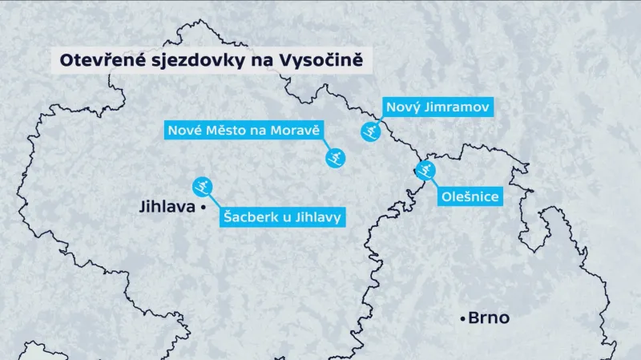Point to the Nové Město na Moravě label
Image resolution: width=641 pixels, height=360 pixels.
pyautogui.click(x=244, y=130)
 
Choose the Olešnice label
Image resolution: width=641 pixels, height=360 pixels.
pyautogui.click(x=470, y=196)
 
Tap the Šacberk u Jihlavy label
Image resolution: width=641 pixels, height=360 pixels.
pyautogui.click(x=282, y=216)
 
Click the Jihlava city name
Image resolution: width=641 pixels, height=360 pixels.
pyautogui.click(x=167, y=207)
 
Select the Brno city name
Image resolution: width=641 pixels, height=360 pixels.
pyautogui.click(x=490, y=318)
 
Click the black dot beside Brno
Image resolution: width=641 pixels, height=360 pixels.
pyautogui.click(x=463, y=319)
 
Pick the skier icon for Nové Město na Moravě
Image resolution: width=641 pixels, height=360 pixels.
pyautogui.click(x=336, y=157)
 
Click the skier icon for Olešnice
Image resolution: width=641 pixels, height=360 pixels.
pyautogui.click(x=425, y=169)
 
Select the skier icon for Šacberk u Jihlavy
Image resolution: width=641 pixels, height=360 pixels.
pyautogui.click(x=204, y=185)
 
